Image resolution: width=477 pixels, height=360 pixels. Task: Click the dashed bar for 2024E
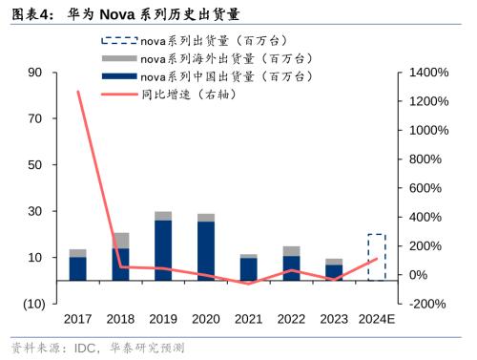(377, 257)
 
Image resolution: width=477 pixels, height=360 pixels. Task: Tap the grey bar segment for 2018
(120, 240)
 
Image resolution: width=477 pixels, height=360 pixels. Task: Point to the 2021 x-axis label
(249, 318)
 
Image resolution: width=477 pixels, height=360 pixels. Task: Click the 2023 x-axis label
(334, 318)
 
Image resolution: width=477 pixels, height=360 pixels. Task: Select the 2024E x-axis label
(377, 318)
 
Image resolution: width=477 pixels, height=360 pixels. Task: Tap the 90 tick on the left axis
(36, 73)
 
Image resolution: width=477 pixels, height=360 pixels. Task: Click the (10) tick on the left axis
(32, 304)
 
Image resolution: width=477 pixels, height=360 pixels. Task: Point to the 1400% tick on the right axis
(429, 73)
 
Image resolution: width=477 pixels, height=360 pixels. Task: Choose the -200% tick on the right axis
(428, 304)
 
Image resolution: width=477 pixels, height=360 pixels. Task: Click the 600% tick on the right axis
(425, 188)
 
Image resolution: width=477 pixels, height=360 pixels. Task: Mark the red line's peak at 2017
(77, 92)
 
